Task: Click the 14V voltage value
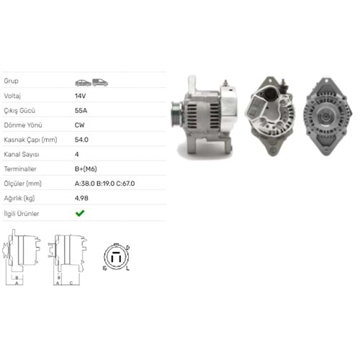click(80, 96)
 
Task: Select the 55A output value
click(81, 110)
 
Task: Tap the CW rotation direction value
click(80, 125)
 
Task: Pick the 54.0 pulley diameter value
click(81, 140)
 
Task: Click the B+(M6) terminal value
click(86, 169)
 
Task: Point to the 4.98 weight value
click(81, 198)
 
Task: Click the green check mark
click(80, 213)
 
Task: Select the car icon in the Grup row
click(83, 83)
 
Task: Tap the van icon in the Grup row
click(100, 82)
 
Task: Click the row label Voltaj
click(12, 96)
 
